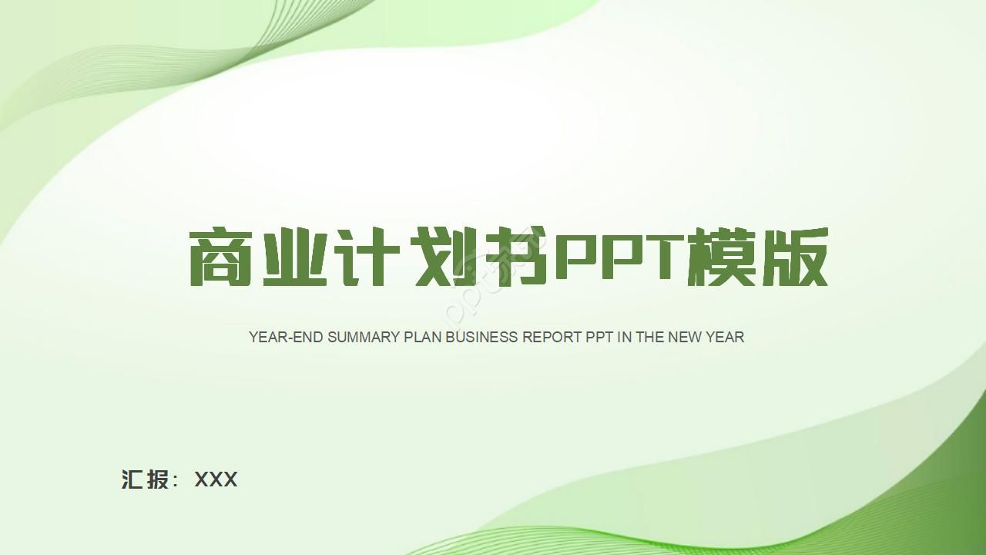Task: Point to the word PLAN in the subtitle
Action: [423, 337]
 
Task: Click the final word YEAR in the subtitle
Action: [725, 337]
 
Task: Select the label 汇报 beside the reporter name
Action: [146, 479]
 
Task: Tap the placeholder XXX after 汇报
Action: [216, 479]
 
